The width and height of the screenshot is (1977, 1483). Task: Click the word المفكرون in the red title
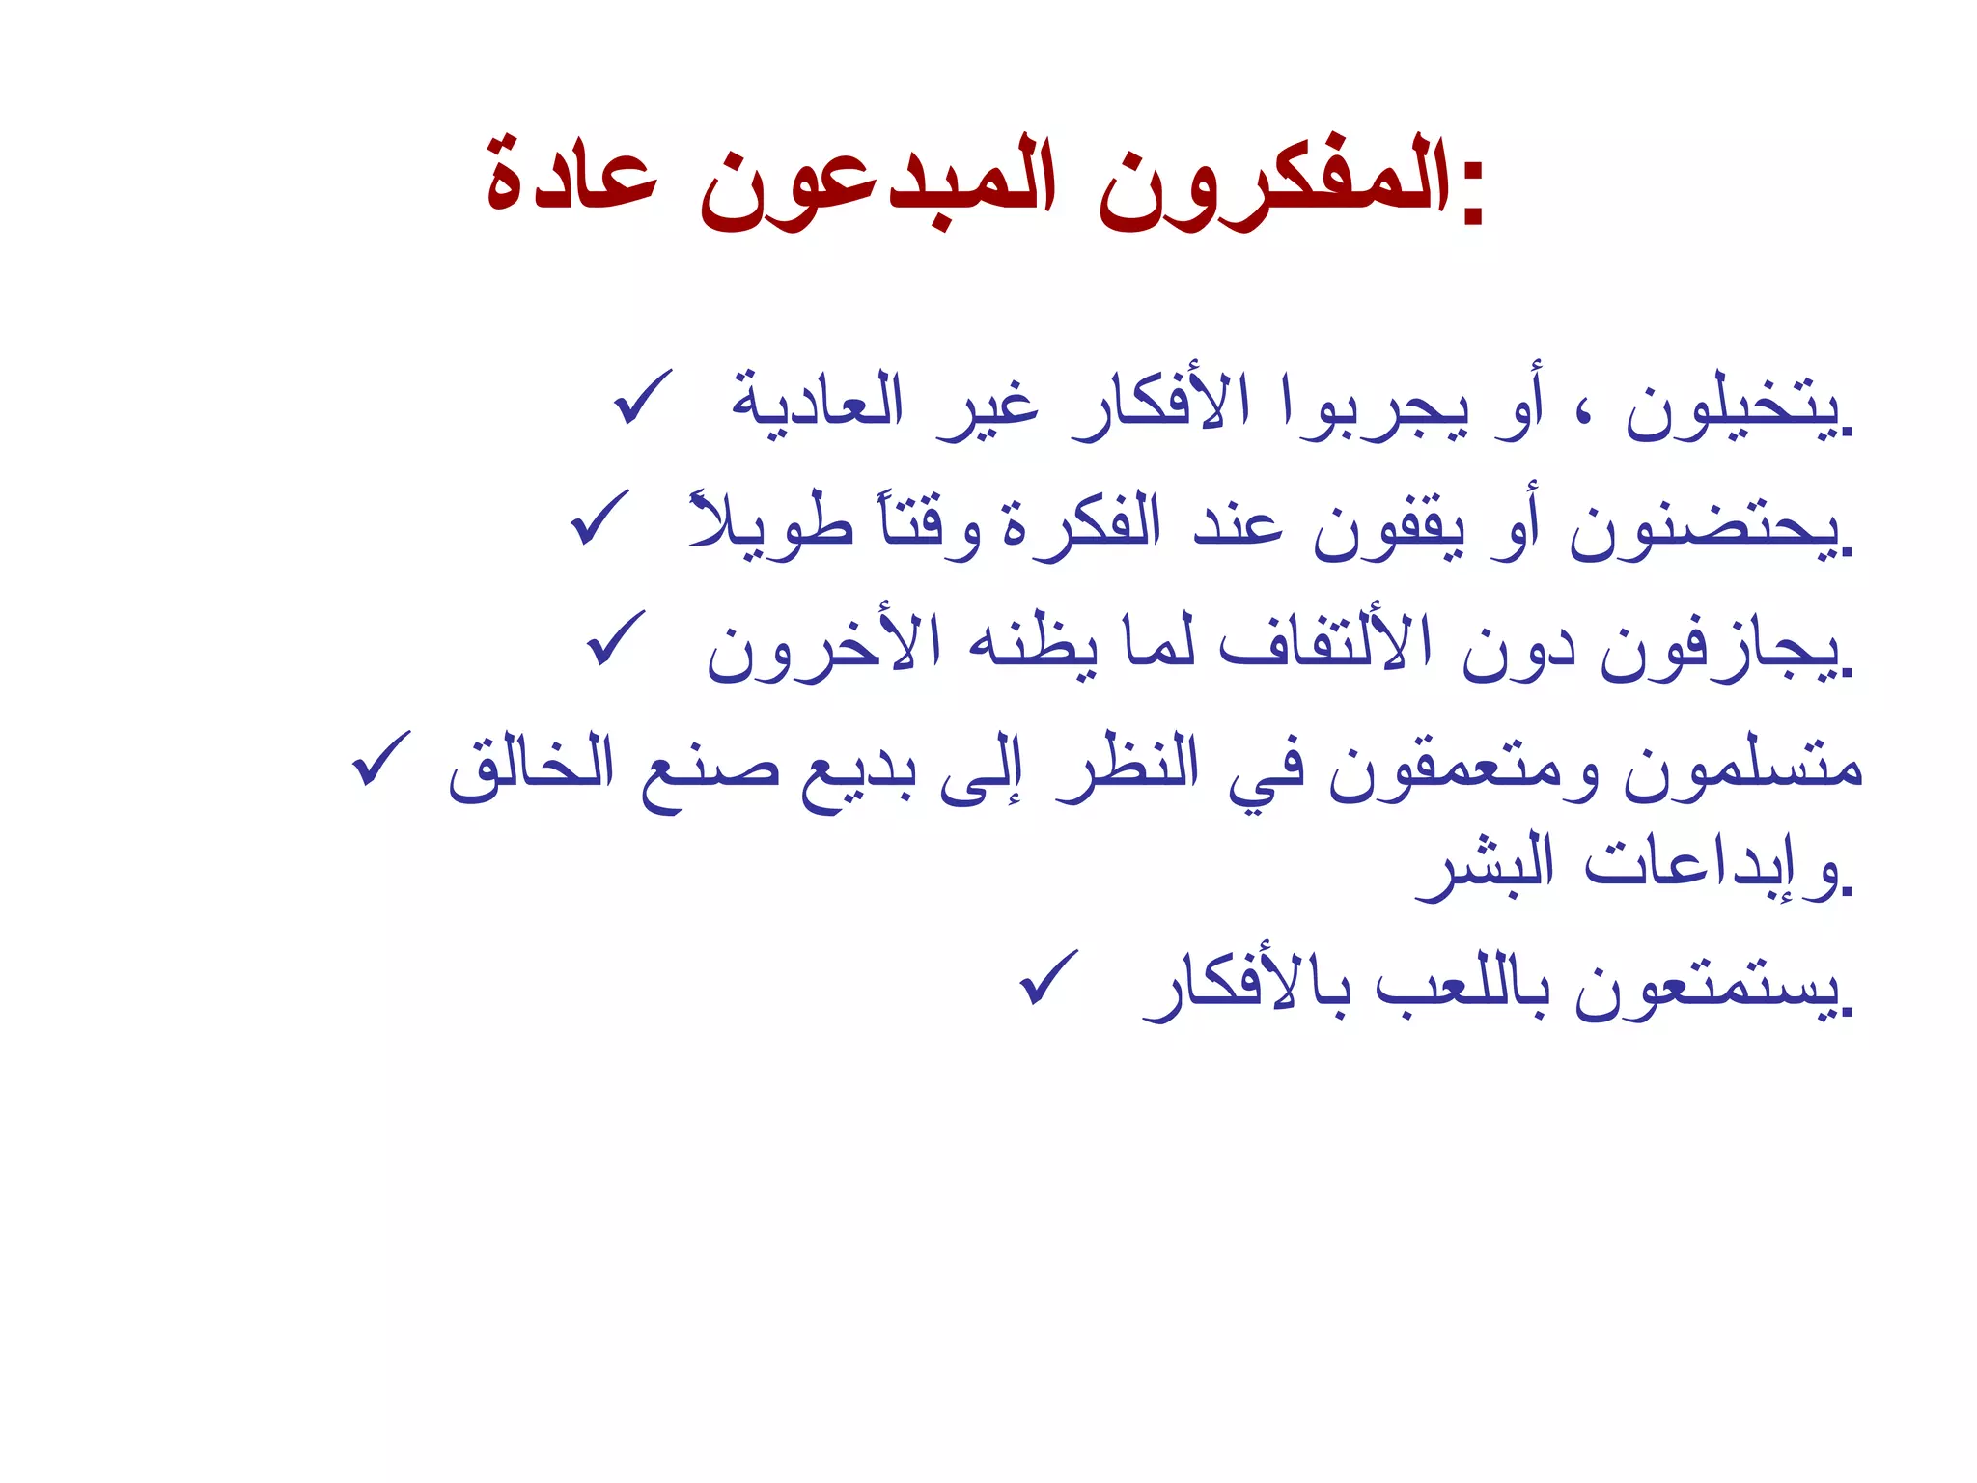point(1274,183)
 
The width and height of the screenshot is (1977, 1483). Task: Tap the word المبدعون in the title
point(878,183)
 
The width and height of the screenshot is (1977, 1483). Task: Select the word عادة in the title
point(571,183)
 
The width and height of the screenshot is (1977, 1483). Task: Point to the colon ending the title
point(1472,193)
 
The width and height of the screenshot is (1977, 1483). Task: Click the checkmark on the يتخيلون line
point(642,397)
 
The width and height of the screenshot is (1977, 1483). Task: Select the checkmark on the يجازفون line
point(615,638)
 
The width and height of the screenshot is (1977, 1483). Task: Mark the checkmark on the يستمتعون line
point(1048,977)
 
